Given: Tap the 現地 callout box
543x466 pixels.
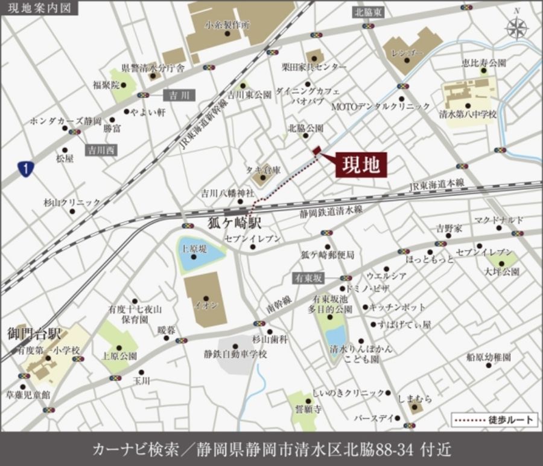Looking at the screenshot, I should [361, 164].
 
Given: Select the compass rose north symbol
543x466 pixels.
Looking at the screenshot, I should [517, 27].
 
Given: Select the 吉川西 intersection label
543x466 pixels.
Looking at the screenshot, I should [101, 149].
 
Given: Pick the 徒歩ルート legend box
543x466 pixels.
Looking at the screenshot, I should [494, 418].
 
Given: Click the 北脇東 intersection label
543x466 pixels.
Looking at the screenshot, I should [369, 12].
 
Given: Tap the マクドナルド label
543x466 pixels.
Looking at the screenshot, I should [498, 219].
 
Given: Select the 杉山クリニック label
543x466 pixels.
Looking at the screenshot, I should [72, 202].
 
